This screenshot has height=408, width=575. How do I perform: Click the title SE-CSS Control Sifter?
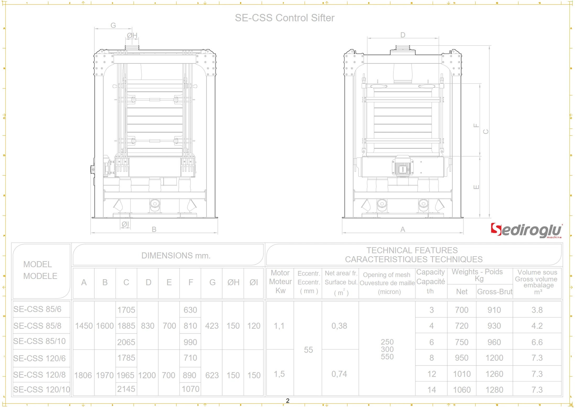point(284,18)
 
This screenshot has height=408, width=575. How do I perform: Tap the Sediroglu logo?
point(526,230)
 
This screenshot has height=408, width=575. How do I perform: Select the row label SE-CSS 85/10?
point(39,341)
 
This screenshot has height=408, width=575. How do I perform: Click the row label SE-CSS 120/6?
point(39,358)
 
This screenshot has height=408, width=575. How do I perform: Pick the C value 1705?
point(126,310)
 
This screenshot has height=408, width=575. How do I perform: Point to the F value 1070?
point(190,389)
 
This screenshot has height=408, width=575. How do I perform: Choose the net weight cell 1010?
point(462,374)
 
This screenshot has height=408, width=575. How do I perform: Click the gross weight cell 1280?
point(494,390)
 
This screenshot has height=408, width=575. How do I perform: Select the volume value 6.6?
point(537,342)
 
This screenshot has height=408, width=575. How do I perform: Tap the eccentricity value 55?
point(308,350)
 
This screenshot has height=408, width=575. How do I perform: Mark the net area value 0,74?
point(339,374)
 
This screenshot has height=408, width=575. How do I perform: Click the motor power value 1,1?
point(279,326)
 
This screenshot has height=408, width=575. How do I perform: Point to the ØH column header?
point(233,282)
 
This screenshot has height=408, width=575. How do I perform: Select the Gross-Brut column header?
point(494,292)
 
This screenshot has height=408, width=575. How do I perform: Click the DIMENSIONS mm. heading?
point(176,255)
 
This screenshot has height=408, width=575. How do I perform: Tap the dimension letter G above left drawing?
point(113,25)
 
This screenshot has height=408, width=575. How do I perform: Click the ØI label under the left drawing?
point(125,224)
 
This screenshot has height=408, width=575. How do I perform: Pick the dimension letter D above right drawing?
point(403,35)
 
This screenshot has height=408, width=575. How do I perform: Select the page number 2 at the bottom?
point(287,401)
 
